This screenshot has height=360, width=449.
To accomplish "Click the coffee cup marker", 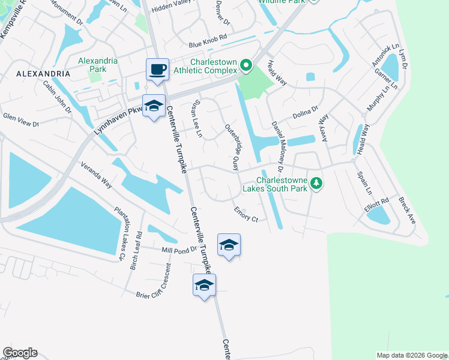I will coord(157,70).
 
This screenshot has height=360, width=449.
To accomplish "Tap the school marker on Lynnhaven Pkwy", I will coord(154,107).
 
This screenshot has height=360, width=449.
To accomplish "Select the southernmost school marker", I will coord(204,285).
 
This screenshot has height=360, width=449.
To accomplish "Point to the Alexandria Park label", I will coord(93,64).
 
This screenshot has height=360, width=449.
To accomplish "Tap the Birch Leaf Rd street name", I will coord(136,250).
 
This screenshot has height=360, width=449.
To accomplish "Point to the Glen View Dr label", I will coord(20,121).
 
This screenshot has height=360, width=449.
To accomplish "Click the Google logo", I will coord(20,353).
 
